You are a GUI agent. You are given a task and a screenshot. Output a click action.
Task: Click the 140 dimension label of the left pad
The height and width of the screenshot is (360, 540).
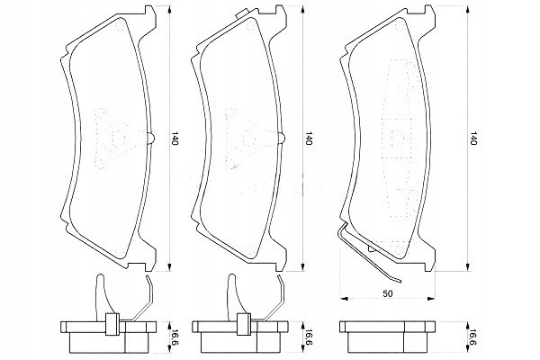[x=175, y=138]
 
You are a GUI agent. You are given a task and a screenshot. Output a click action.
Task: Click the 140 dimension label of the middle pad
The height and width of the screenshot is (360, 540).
[x=308, y=138]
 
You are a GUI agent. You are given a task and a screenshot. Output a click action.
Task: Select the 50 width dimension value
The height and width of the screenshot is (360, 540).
[x=388, y=293]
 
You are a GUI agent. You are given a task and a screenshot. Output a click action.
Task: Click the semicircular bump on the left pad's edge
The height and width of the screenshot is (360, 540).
[x=152, y=138]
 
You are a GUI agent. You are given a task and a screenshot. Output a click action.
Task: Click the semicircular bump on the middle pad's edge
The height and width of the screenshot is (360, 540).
[x=283, y=138]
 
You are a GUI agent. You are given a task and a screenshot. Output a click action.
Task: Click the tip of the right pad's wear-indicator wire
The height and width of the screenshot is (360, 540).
[x=400, y=282]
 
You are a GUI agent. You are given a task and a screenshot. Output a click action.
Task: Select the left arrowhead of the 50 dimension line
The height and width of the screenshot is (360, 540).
[x=344, y=298]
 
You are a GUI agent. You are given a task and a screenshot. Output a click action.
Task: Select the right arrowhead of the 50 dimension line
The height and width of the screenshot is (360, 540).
[x=431, y=298]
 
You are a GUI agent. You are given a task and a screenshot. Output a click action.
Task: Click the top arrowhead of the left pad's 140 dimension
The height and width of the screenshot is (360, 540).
[x=169, y=10]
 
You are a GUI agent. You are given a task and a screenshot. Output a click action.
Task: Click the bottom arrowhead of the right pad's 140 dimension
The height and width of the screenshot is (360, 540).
[x=467, y=267]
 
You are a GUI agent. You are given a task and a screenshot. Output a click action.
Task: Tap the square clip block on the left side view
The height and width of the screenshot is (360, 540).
[x=112, y=324]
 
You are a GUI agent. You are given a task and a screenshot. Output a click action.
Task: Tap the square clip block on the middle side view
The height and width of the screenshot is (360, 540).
[x=244, y=324]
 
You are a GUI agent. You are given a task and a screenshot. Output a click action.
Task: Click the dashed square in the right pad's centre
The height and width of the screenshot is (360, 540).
[x=398, y=138]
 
